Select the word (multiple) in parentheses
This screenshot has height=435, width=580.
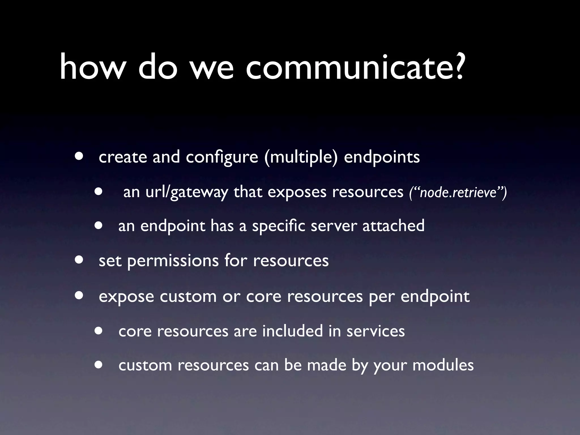coord(301,157)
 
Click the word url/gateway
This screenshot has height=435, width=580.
coord(187,193)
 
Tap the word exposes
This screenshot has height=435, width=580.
coord(297,193)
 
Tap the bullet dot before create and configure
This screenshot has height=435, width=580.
coord(79,156)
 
